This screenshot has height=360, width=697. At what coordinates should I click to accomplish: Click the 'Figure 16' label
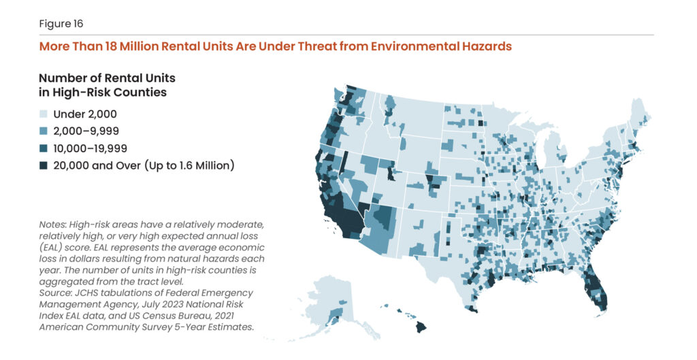tap(61, 24)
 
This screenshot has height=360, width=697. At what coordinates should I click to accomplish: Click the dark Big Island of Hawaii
tap(421, 327)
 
